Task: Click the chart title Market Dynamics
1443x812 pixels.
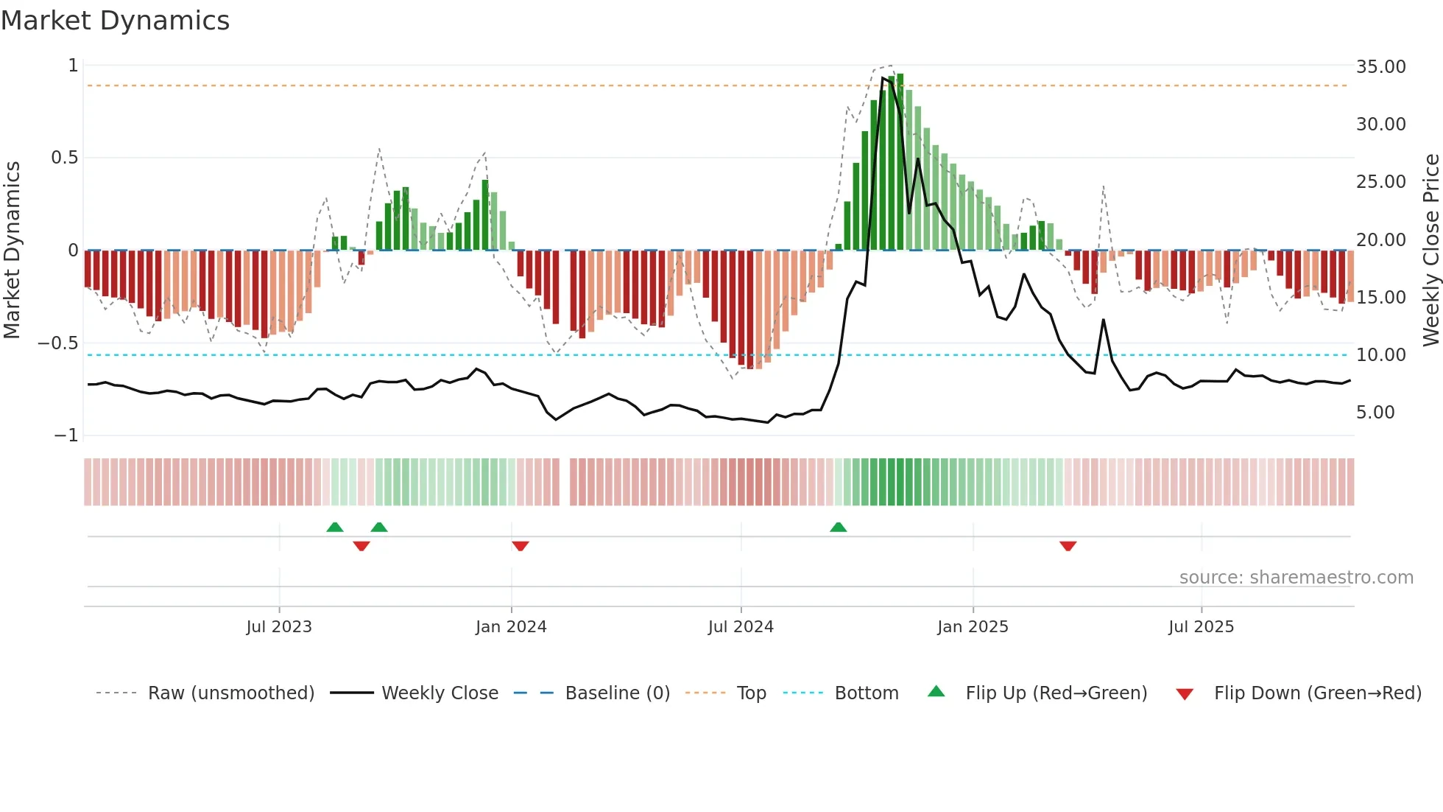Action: [x=116, y=21]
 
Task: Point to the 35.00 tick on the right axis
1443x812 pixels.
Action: [x=1380, y=67]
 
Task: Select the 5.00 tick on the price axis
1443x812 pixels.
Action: [x=1375, y=413]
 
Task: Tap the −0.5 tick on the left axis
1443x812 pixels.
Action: [x=57, y=343]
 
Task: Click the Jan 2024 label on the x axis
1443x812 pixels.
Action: [x=511, y=627]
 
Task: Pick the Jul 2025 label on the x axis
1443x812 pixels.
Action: [x=1201, y=627]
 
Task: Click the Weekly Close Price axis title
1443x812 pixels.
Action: [x=1430, y=250]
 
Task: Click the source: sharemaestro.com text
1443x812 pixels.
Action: [x=1296, y=578]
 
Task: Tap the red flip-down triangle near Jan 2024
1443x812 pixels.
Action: [x=521, y=546]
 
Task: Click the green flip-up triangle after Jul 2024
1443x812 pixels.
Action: [x=838, y=527]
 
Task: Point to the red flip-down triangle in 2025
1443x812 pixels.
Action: [x=1068, y=546]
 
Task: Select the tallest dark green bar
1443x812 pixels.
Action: [x=900, y=162]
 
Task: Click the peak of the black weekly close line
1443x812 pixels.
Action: [x=883, y=78]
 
